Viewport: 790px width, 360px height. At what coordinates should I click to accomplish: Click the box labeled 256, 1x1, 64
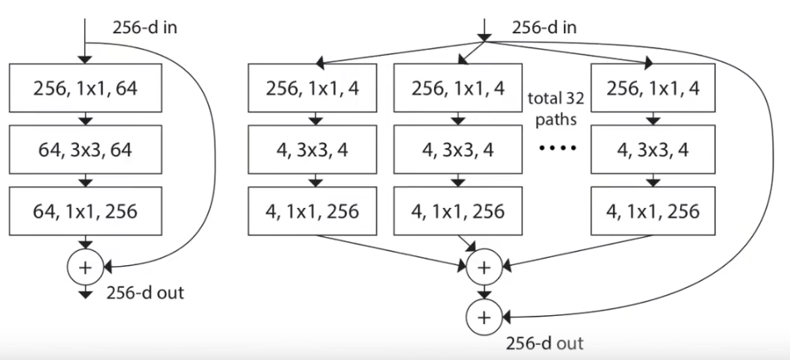(87, 87)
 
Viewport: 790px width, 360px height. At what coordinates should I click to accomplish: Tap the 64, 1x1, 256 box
(87, 211)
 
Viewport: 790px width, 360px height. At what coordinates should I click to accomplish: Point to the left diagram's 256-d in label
(146, 27)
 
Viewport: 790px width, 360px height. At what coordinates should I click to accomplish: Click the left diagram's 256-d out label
(146, 293)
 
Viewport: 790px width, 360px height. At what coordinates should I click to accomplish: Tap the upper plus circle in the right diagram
(484, 268)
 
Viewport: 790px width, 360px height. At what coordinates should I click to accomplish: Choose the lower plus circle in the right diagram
(484, 316)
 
